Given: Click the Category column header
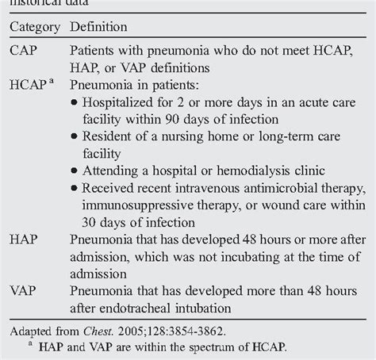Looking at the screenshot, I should (33, 28).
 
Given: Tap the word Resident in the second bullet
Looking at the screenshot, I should (116, 138).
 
